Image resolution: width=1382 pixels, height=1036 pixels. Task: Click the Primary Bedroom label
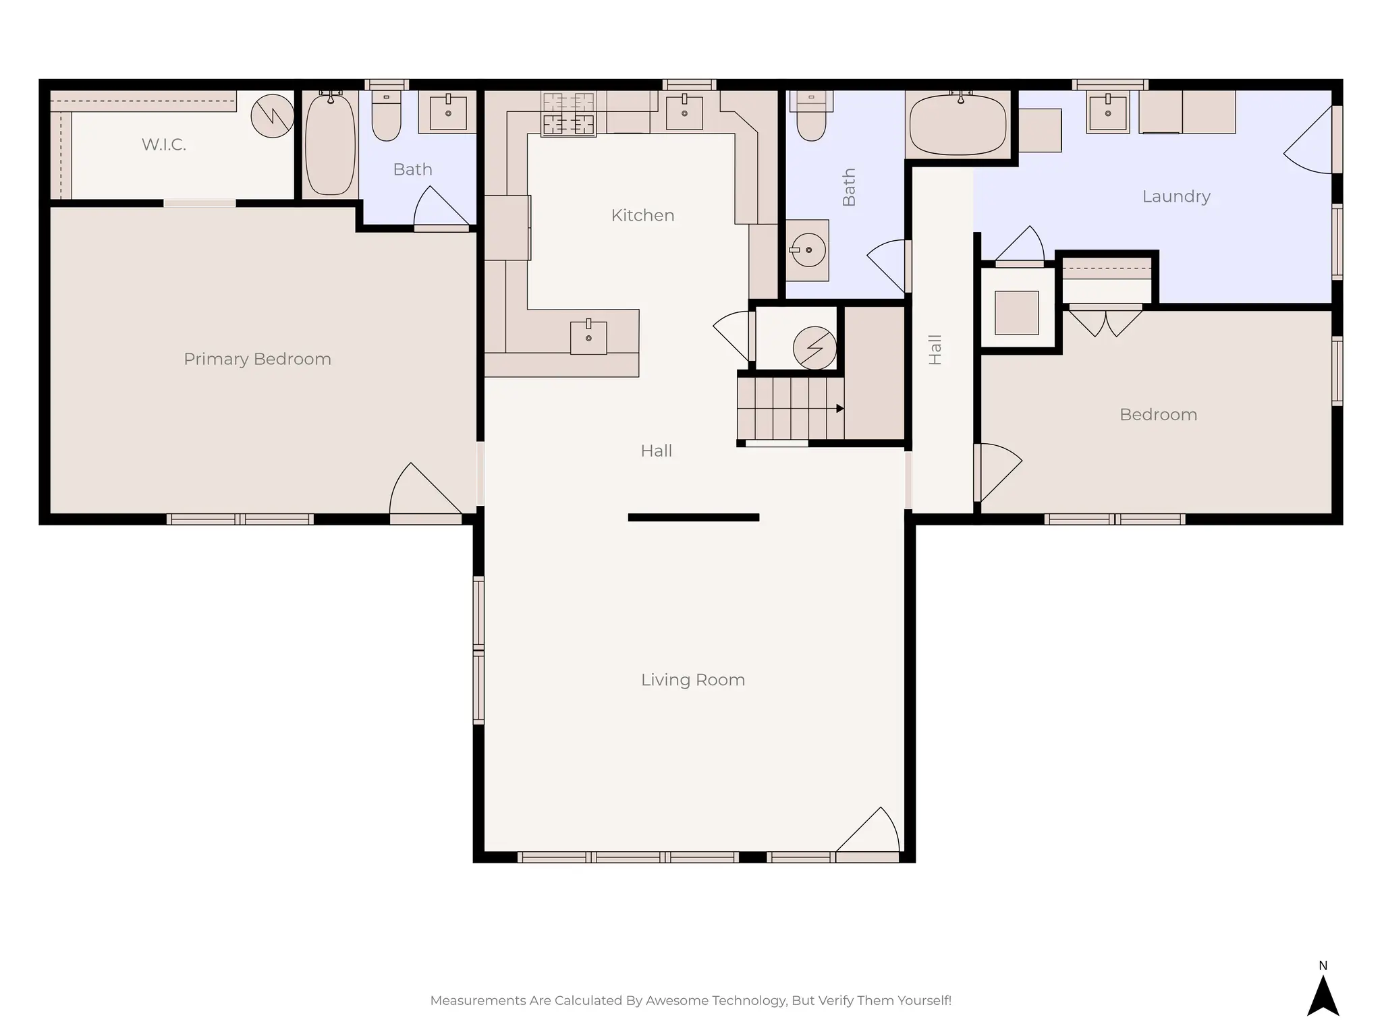coord(257,359)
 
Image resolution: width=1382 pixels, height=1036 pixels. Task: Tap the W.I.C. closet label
coord(163,144)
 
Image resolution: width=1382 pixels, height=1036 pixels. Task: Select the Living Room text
coord(692,680)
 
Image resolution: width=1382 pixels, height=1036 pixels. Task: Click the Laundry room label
coord(1176,196)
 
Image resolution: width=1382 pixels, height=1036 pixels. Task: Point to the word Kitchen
coord(642,215)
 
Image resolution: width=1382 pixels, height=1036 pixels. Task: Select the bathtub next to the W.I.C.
coord(330,144)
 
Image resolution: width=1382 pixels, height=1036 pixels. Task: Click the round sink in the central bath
coord(808,250)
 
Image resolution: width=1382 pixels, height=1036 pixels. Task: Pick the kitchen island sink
coord(588,337)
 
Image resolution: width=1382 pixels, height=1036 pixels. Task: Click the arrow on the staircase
coord(839,408)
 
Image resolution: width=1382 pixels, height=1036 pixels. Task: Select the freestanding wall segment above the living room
coord(693,517)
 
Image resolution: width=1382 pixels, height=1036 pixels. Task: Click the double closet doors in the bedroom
coord(1105,322)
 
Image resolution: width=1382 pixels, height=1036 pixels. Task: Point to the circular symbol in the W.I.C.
coord(273,116)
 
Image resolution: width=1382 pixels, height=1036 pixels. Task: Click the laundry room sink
coord(1108,113)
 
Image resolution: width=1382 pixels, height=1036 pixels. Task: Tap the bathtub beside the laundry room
coord(958,125)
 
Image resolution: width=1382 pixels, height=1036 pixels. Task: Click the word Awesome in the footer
coord(674,1000)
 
